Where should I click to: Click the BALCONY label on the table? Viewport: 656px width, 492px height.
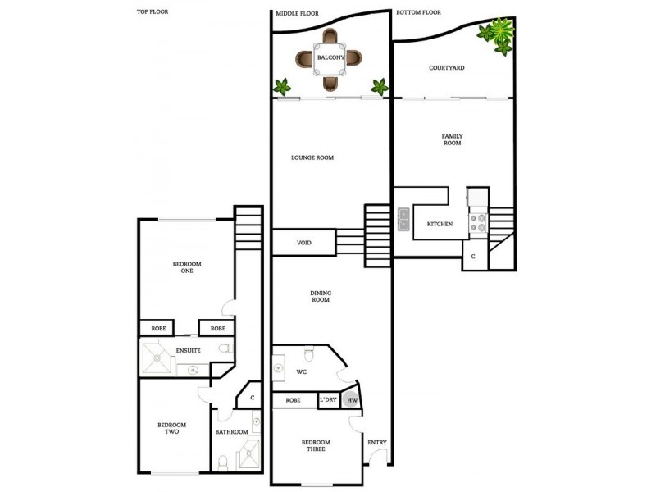[329, 58]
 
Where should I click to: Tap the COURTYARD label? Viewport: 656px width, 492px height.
[447, 68]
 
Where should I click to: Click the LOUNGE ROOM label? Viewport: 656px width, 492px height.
[312, 157]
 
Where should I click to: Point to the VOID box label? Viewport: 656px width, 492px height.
[303, 243]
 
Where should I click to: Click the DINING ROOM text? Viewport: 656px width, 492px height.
[320, 296]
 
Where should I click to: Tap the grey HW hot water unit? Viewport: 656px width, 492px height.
[352, 400]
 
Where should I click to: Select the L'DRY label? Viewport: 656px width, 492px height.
[328, 400]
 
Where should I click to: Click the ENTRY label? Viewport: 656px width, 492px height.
[376, 443]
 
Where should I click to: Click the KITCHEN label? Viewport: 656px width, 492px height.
[440, 224]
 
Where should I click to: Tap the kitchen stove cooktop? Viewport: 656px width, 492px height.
[477, 222]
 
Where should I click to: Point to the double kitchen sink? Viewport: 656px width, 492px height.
[404, 219]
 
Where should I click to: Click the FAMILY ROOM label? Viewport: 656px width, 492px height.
[452, 139]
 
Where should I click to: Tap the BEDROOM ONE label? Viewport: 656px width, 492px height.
[187, 267]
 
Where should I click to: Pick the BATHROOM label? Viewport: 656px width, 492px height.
[231, 431]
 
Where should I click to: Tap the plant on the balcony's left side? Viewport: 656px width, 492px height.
[283, 85]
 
